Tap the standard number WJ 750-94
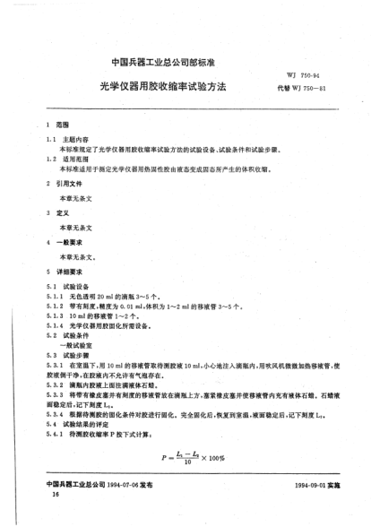pos(301,80)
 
